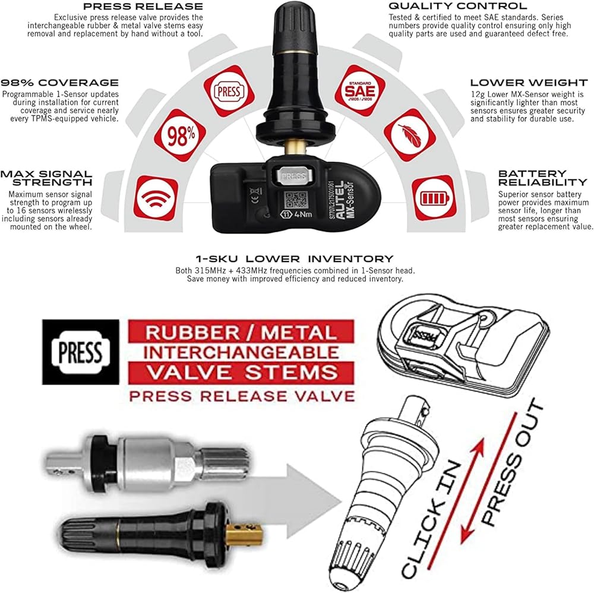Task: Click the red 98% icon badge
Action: pos(180,135)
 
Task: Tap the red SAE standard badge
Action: pos(360,90)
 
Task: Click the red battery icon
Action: pos(434,198)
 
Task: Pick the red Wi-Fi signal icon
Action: pos(156,198)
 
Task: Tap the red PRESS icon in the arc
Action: pos(229,91)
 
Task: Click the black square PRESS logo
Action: pos(81,352)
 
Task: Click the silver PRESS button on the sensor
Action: pos(293,175)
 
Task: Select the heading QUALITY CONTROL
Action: pos(457,6)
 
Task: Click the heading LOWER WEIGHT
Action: pos(529,83)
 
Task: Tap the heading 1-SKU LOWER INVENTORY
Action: pos(295,259)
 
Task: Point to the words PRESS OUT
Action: pos(513,462)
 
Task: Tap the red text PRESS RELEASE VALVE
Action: pos(242,396)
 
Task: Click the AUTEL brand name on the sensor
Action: pos(340,200)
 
